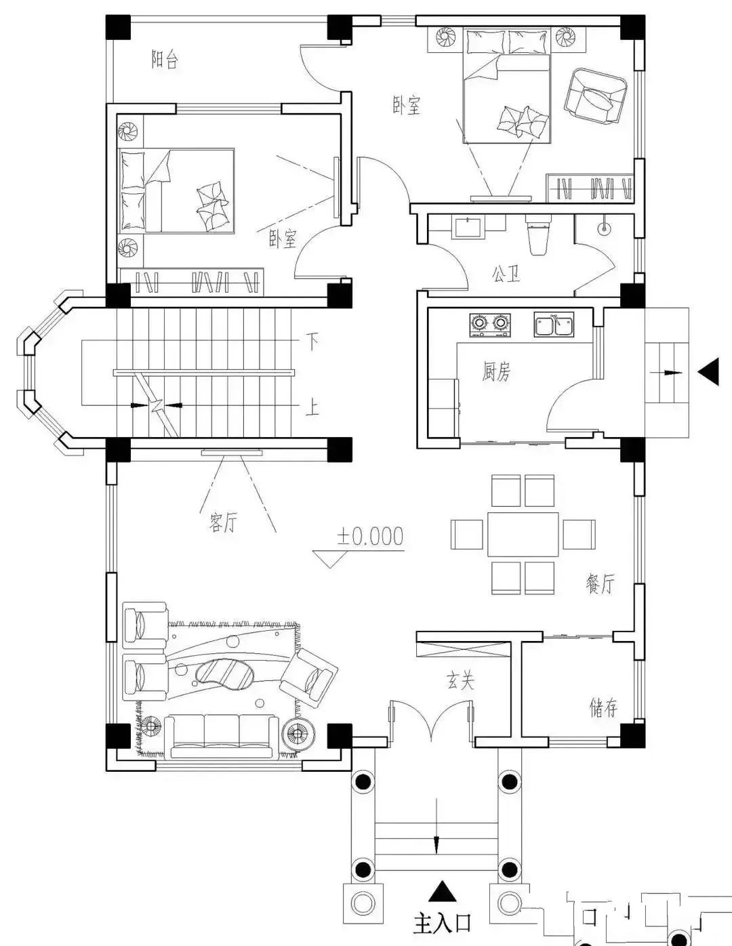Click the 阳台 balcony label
point(165,60)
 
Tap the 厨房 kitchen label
point(496,371)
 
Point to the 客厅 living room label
point(224,522)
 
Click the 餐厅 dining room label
point(600,583)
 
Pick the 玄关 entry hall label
point(460,681)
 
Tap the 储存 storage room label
point(603,707)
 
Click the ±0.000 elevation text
point(369,536)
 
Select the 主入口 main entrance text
point(442,922)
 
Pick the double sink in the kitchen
point(554,324)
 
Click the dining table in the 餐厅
point(523,535)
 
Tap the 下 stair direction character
point(312,342)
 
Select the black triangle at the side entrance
point(709,371)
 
